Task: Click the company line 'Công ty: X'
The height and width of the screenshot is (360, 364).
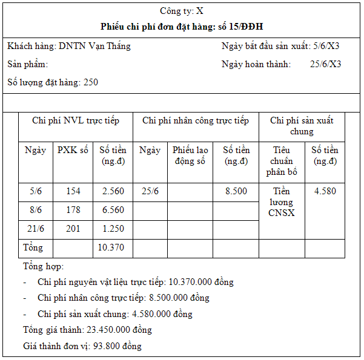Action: [x=182, y=11]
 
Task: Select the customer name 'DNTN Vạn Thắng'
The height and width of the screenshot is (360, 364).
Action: [x=94, y=46]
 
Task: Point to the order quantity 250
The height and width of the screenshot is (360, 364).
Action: [x=91, y=82]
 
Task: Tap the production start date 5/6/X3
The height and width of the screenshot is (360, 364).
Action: [x=326, y=46]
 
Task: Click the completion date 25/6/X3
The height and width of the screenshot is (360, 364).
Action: [x=325, y=64]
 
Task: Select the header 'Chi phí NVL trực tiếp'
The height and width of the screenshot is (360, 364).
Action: [x=76, y=120]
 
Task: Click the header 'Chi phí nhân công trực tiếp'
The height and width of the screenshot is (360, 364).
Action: [x=196, y=120]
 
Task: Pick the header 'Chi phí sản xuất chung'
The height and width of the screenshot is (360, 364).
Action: [x=302, y=126]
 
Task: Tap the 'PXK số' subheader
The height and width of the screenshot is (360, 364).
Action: [x=73, y=150]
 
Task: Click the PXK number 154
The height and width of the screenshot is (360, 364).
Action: [x=73, y=191]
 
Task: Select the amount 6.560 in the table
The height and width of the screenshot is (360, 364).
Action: [x=113, y=210]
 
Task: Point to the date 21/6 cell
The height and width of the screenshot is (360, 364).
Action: [x=36, y=229]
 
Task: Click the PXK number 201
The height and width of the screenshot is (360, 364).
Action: [x=73, y=229]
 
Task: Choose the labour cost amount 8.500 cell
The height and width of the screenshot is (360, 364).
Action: [x=236, y=191]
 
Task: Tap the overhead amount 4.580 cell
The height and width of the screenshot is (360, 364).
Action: [x=325, y=191]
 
